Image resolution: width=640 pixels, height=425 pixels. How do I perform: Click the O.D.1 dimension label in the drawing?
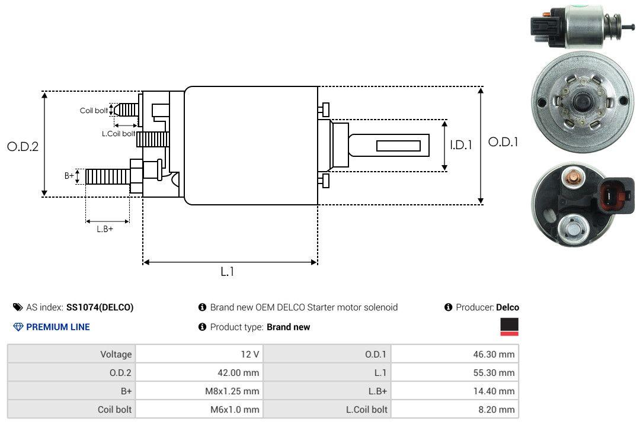pyautogui.click(x=503, y=142)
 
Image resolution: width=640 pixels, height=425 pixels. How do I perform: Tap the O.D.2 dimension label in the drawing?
pyautogui.click(x=23, y=146)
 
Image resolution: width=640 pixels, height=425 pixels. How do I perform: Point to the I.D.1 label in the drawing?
pyautogui.click(x=460, y=144)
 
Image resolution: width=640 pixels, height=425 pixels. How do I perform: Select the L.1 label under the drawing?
pyautogui.click(x=228, y=272)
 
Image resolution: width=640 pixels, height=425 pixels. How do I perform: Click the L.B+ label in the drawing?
pyautogui.click(x=105, y=229)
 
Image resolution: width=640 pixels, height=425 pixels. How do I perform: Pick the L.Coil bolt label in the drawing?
pyautogui.click(x=119, y=134)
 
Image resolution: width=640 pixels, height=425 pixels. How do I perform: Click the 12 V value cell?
pyautogui.click(x=199, y=354)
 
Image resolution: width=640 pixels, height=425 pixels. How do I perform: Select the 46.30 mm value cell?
pyautogui.click(x=455, y=354)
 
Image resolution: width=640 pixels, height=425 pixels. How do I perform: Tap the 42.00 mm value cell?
pyautogui.click(x=199, y=372)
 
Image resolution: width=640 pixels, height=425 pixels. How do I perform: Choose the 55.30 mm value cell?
pyautogui.click(x=455, y=372)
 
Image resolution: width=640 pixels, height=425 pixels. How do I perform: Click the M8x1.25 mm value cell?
pyautogui.click(x=199, y=391)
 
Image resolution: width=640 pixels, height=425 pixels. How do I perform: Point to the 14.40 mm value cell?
pyautogui.click(x=455, y=391)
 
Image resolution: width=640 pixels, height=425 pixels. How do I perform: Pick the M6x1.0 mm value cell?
pyautogui.click(x=199, y=409)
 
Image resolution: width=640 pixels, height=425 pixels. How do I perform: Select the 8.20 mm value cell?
pyautogui.click(x=455, y=409)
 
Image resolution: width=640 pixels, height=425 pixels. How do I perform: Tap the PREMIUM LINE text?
pyautogui.click(x=58, y=327)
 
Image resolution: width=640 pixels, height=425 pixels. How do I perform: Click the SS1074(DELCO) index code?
pyautogui.click(x=100, y=307)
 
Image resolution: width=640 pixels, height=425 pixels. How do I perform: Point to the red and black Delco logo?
pyautogui.click(x=509, y=327)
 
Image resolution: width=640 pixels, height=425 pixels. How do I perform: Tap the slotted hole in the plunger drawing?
pyautogui.click(x=398, y=146)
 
